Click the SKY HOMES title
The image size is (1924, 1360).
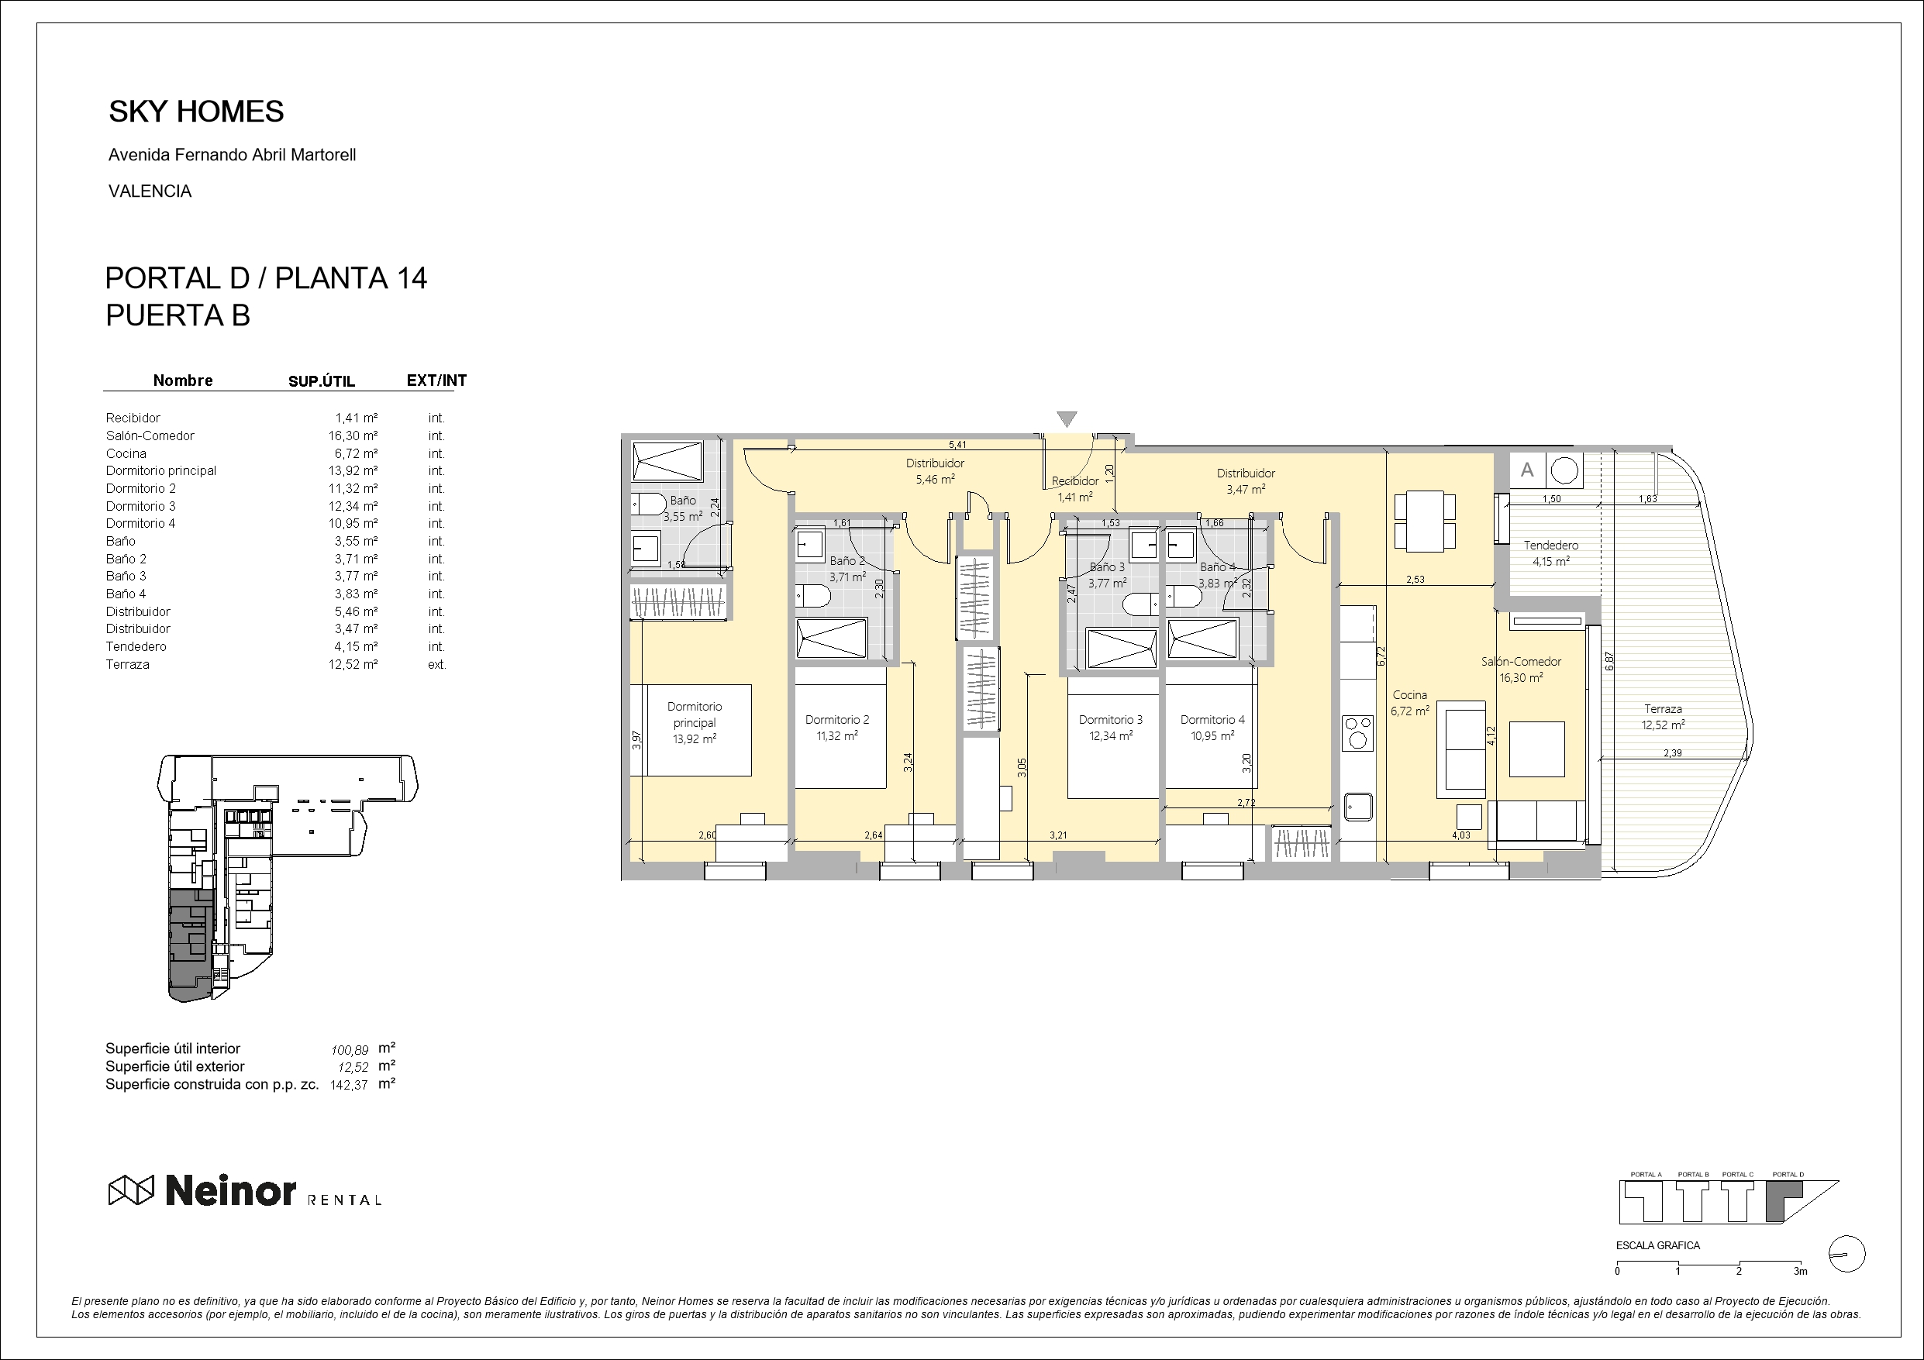[196, 112]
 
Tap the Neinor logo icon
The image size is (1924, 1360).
[131, 1190]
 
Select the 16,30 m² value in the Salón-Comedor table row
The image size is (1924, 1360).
[353, 436]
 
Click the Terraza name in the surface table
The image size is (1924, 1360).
[127, 664]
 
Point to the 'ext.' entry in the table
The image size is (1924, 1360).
[436, 664]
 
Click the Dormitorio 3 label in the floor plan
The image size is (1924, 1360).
[1110, 720]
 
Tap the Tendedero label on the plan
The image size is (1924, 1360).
[1550, 546]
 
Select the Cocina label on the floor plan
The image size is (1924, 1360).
[1409, 694]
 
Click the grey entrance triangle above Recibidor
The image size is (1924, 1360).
[1066, 419]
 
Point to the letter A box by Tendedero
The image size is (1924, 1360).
[1528, 470]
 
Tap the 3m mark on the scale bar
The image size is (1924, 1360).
[1800, 1271]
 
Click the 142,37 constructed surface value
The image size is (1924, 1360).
[350, 1085]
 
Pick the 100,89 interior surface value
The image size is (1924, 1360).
[350, 1050]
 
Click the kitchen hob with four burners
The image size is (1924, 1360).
[1357, 732]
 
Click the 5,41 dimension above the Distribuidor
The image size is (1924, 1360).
[957, 445]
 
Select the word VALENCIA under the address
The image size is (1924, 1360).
[150, 191]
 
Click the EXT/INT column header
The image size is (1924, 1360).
[436, 380]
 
